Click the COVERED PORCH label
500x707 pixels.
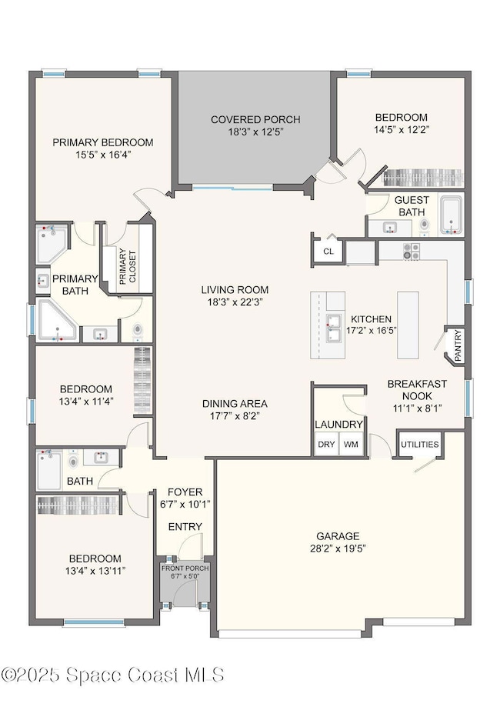(255, 119)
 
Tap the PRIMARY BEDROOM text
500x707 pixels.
(102, 142)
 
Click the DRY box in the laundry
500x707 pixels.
(325, 445)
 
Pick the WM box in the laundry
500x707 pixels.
(351, 445)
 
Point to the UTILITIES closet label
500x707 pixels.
(419, 445)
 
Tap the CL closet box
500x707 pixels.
(328, 251)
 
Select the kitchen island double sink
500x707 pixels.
(334, 328)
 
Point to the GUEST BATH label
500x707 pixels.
(412, 206)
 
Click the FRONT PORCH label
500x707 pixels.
(185, 569)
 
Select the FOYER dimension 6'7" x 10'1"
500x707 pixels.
(185, 505)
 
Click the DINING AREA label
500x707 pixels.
(235, 404)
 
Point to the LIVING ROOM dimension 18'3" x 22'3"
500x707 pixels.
(235, 302)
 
